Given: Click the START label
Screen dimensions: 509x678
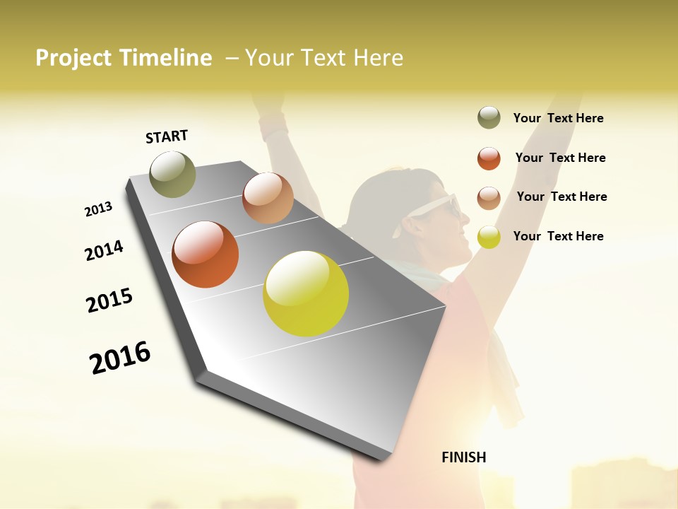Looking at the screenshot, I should [x=167, y=136].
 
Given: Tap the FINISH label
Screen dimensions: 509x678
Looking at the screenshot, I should [x=463, y=457].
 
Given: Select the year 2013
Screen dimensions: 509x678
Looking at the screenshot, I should [x=98, y=209].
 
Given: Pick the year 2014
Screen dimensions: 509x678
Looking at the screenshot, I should [x=104, y=250].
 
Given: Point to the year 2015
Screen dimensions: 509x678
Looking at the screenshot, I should [x=109, y=300].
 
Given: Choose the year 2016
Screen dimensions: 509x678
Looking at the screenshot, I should [x=120, y=357].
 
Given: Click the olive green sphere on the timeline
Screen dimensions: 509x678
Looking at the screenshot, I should [x=172, y=174].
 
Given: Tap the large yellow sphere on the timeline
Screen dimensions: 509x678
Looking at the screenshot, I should [x=306, y=293].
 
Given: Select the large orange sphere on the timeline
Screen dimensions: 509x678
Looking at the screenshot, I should [x=206, y=255].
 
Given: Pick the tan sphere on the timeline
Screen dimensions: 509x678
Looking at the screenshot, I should [x=268, y=198].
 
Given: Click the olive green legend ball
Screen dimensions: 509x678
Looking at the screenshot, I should [x=489, y=117].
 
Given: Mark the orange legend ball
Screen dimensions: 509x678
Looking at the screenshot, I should [x=489, y=158].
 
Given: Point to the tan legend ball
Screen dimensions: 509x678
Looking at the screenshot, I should [x=489, y=197].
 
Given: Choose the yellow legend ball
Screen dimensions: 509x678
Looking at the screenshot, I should [x=489, y=237].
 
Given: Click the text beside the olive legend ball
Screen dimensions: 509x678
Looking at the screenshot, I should [x=558, y=118].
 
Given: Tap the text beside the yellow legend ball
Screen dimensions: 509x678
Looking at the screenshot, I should [x=558, y=236].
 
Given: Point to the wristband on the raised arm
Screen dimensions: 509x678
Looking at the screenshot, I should [x=273, y=126].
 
